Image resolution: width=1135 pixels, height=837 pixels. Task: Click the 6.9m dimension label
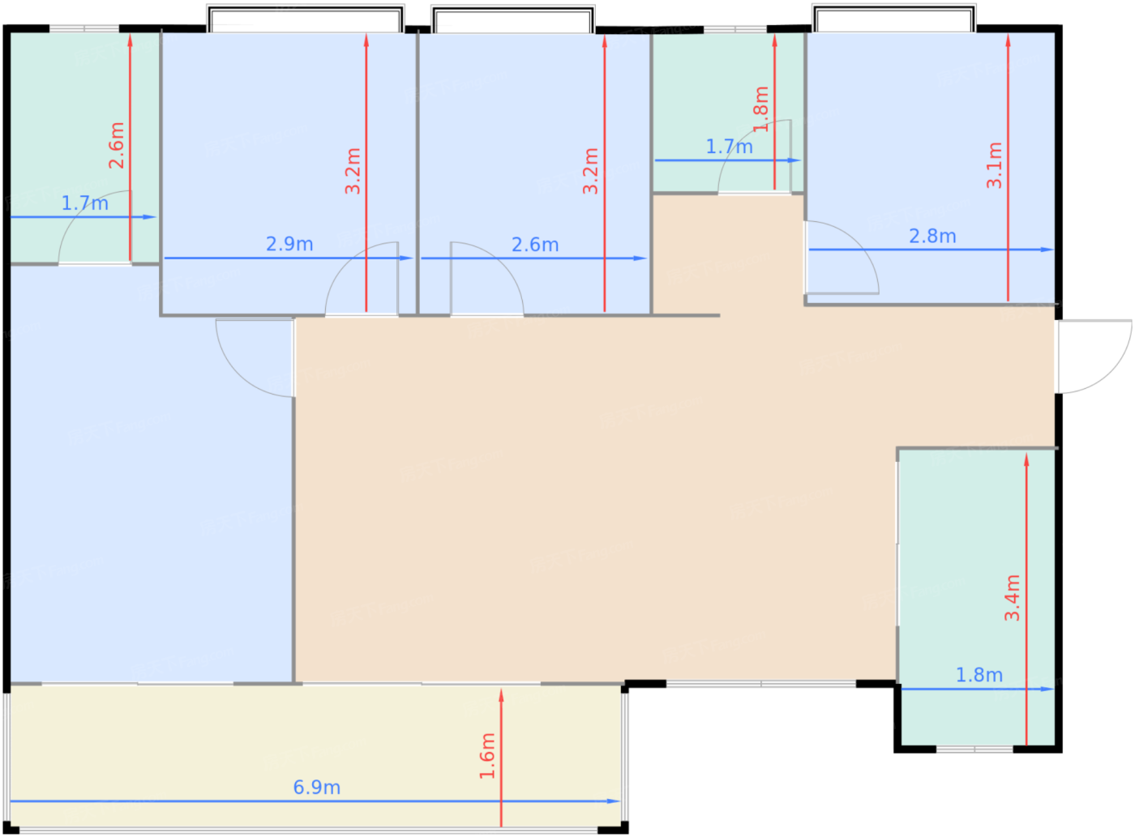click(316, 787)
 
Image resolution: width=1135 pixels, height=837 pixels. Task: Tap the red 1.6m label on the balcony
click(487, 756)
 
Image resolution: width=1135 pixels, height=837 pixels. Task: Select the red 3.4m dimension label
click(1013, 598)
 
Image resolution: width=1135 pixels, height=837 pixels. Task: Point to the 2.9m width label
click(289, 244)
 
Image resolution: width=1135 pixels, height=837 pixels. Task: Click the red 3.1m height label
click(995, 165)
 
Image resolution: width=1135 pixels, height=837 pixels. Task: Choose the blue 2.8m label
click(932, 236)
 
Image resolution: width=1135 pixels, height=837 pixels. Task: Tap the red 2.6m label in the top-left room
click(117, 145)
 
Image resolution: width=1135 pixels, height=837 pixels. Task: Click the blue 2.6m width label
click(535, 245)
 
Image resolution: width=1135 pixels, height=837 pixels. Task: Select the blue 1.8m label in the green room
click(979, 675)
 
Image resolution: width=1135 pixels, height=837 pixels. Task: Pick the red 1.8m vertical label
click(761, 109)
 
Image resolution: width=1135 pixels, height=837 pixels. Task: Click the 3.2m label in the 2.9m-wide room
click(353, 171)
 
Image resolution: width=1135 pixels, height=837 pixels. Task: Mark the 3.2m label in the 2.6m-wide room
click(591, 171)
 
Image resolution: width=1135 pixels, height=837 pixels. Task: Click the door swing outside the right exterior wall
click(1094, 357)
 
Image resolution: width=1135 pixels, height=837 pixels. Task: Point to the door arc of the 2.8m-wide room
click(843, 259)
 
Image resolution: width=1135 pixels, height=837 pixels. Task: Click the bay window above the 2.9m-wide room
click(305, 19)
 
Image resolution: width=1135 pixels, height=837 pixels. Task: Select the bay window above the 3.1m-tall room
click(894, 19)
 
